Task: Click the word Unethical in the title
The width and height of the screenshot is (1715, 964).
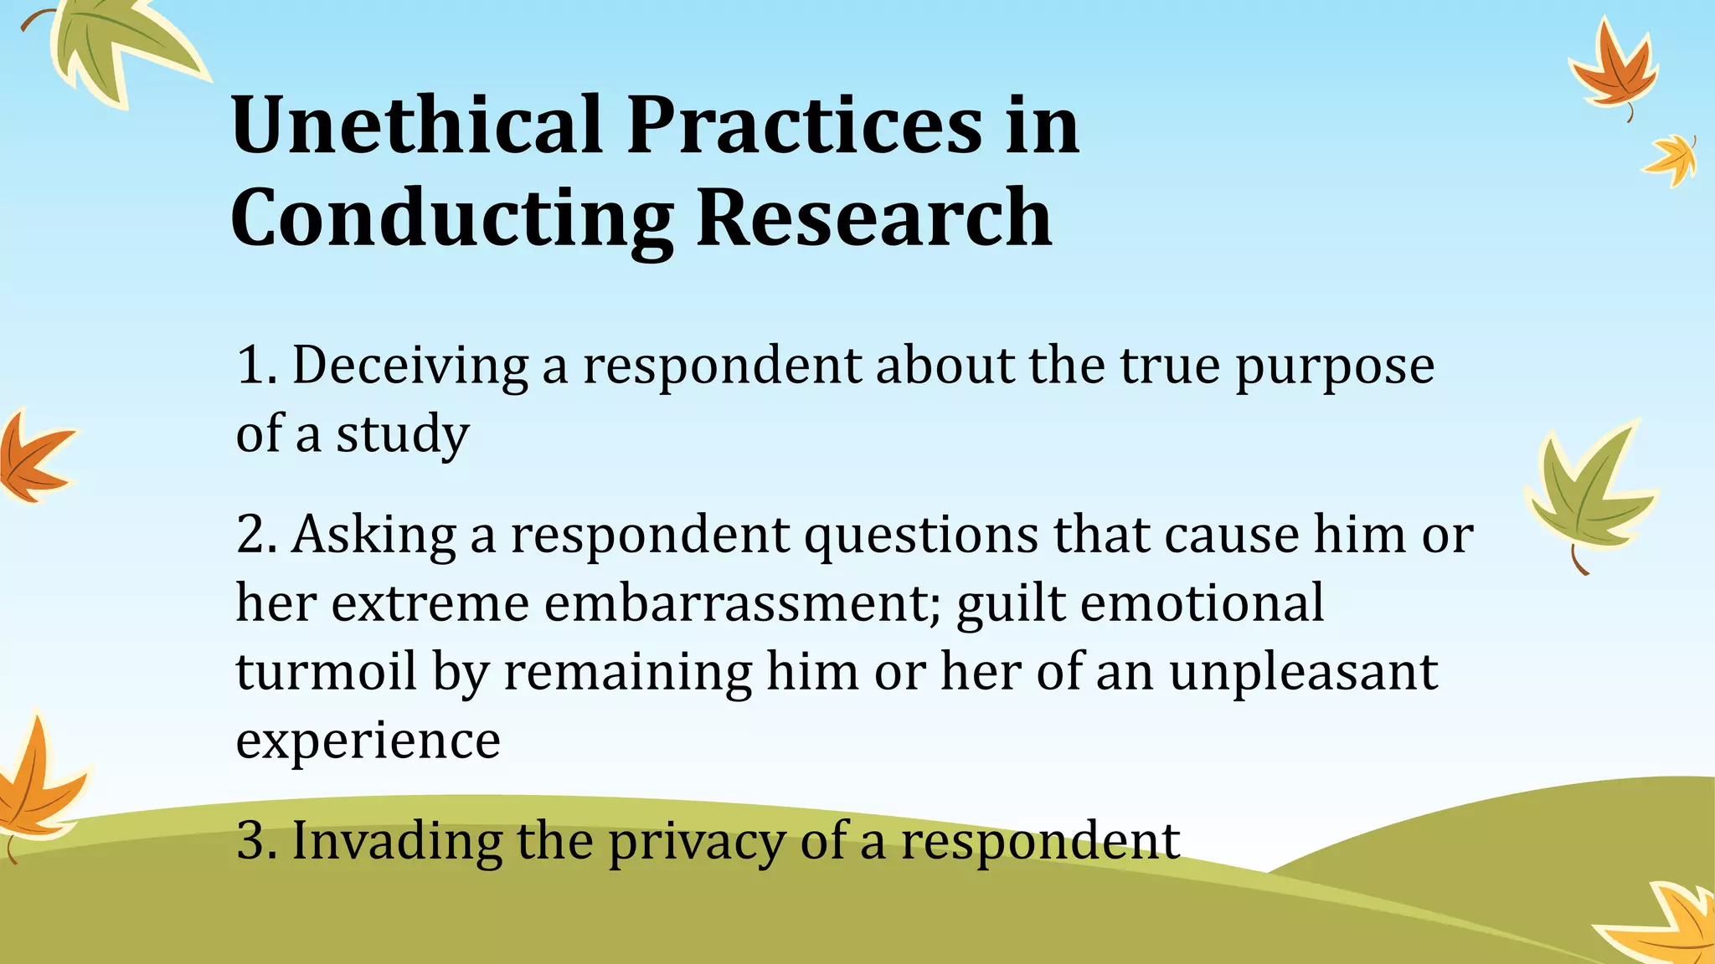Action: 416,126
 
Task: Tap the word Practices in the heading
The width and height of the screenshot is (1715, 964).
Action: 804,126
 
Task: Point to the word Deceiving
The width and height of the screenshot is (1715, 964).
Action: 409,366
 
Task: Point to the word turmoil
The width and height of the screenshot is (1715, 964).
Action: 326,671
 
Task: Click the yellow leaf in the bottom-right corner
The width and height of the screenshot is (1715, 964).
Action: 1666,925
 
